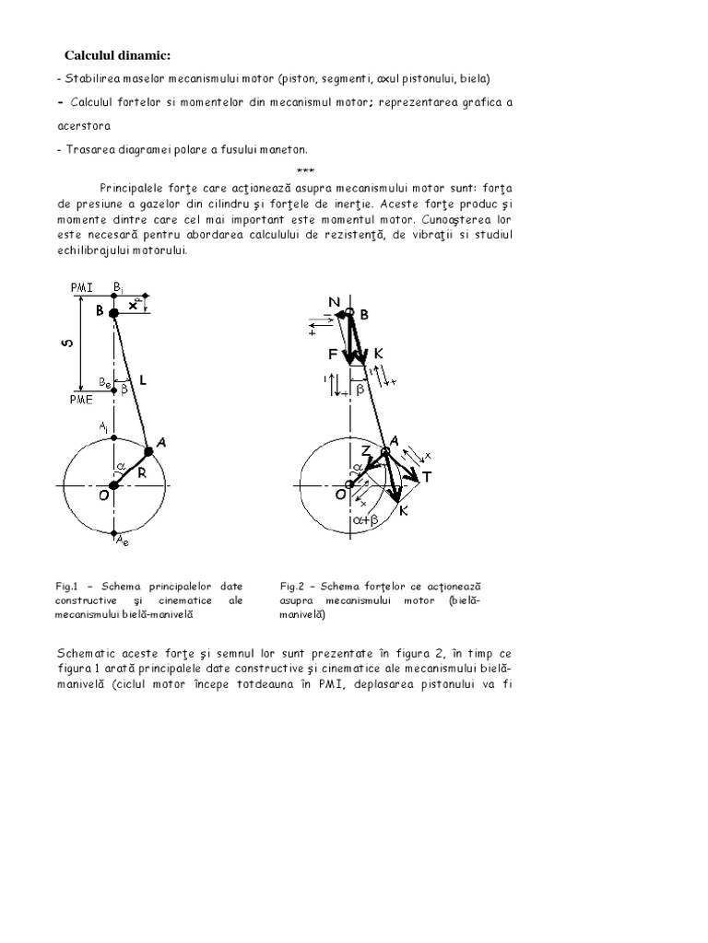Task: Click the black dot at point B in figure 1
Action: (x=113, y=314)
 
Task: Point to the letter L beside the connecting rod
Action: (x=144, y=378)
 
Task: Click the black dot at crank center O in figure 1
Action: (x=113, y=485)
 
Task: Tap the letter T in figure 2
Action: (x=426, y=477)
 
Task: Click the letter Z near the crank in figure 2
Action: (x=365, y=450)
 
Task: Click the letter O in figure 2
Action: (x=340, y=495)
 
